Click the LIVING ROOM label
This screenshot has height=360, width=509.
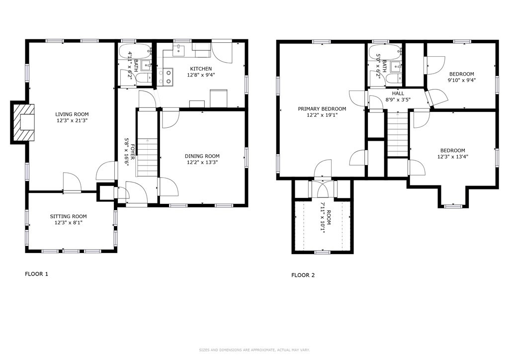75,114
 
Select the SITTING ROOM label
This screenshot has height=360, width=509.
68,216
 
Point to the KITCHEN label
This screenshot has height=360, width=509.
201,69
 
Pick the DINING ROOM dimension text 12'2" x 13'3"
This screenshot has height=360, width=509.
202,162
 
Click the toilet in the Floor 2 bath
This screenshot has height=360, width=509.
393,80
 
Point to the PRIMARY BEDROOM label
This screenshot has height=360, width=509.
322,109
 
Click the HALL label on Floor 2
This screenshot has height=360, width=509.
398,93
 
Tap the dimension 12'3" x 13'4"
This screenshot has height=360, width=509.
452,157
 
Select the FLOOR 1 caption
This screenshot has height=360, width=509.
37,274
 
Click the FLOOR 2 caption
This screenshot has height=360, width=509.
303,275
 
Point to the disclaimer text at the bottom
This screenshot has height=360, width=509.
254,350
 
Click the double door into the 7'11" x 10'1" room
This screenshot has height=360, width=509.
323,187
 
